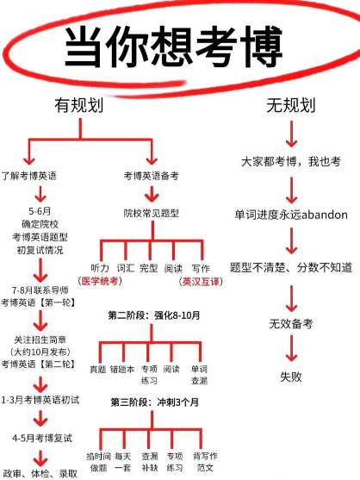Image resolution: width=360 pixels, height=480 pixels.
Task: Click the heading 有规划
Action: [x=79, y=105]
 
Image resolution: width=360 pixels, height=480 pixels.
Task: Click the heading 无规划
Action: [x=291, y=105]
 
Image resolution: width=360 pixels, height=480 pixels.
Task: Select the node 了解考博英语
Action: [x=28, y=176]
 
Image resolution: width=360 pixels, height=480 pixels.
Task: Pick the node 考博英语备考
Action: [x=151, y=176]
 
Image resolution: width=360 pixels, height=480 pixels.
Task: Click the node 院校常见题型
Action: [x=152, y=213]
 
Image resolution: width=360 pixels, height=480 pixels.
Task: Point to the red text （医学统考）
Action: [x=100, y=281]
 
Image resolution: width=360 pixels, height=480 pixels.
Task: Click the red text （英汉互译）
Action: [x=201, y=281]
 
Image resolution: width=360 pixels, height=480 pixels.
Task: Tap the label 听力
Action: [x=100, y=268]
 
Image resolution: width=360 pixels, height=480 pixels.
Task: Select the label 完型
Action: [x=149, y=268]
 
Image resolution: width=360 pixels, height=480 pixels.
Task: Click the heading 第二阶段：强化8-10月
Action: [x=154, y=315]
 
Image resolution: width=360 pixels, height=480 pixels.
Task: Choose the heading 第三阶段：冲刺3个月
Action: [x=155, y=402]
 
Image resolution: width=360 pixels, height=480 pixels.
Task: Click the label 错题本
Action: [x=122, y=369]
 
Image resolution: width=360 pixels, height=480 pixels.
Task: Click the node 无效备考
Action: [x=291, y=323]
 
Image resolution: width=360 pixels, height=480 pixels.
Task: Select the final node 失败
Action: [x=291, y=377]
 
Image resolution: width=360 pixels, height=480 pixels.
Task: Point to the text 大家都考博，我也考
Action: [x=291, y=161]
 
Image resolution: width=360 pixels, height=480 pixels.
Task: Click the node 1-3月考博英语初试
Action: [x=40, y=400]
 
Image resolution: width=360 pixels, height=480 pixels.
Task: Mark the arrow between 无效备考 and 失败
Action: [x=291, y=348]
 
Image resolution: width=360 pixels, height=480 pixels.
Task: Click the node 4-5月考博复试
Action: [x=42, y=438]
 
